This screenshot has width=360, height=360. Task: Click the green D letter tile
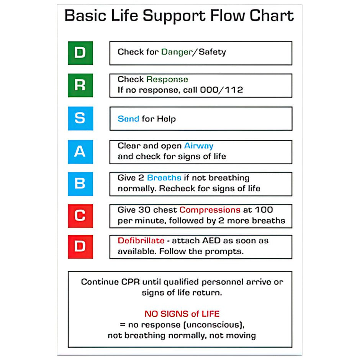point(80,53)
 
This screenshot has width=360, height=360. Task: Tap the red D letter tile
point(80,247)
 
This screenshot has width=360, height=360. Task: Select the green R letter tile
point(80,85)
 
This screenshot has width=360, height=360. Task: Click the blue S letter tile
point(80,118)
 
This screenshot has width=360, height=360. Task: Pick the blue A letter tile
point(80,152)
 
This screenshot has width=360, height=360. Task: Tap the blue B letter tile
point(80,184)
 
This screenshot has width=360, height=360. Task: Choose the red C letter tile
point(80,216)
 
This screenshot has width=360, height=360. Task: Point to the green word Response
point(167,80)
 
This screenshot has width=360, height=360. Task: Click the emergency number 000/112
point(221,90)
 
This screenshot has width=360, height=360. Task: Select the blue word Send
point(128,119)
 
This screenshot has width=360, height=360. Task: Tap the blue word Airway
point(199,146)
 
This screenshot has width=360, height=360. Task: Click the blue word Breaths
point(164,178)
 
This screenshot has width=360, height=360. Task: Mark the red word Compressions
point(209,210)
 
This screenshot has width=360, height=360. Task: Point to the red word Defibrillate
point(141,241)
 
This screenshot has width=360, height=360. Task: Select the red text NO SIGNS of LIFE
point(182,314)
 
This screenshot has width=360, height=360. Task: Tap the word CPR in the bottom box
point(131,282)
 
